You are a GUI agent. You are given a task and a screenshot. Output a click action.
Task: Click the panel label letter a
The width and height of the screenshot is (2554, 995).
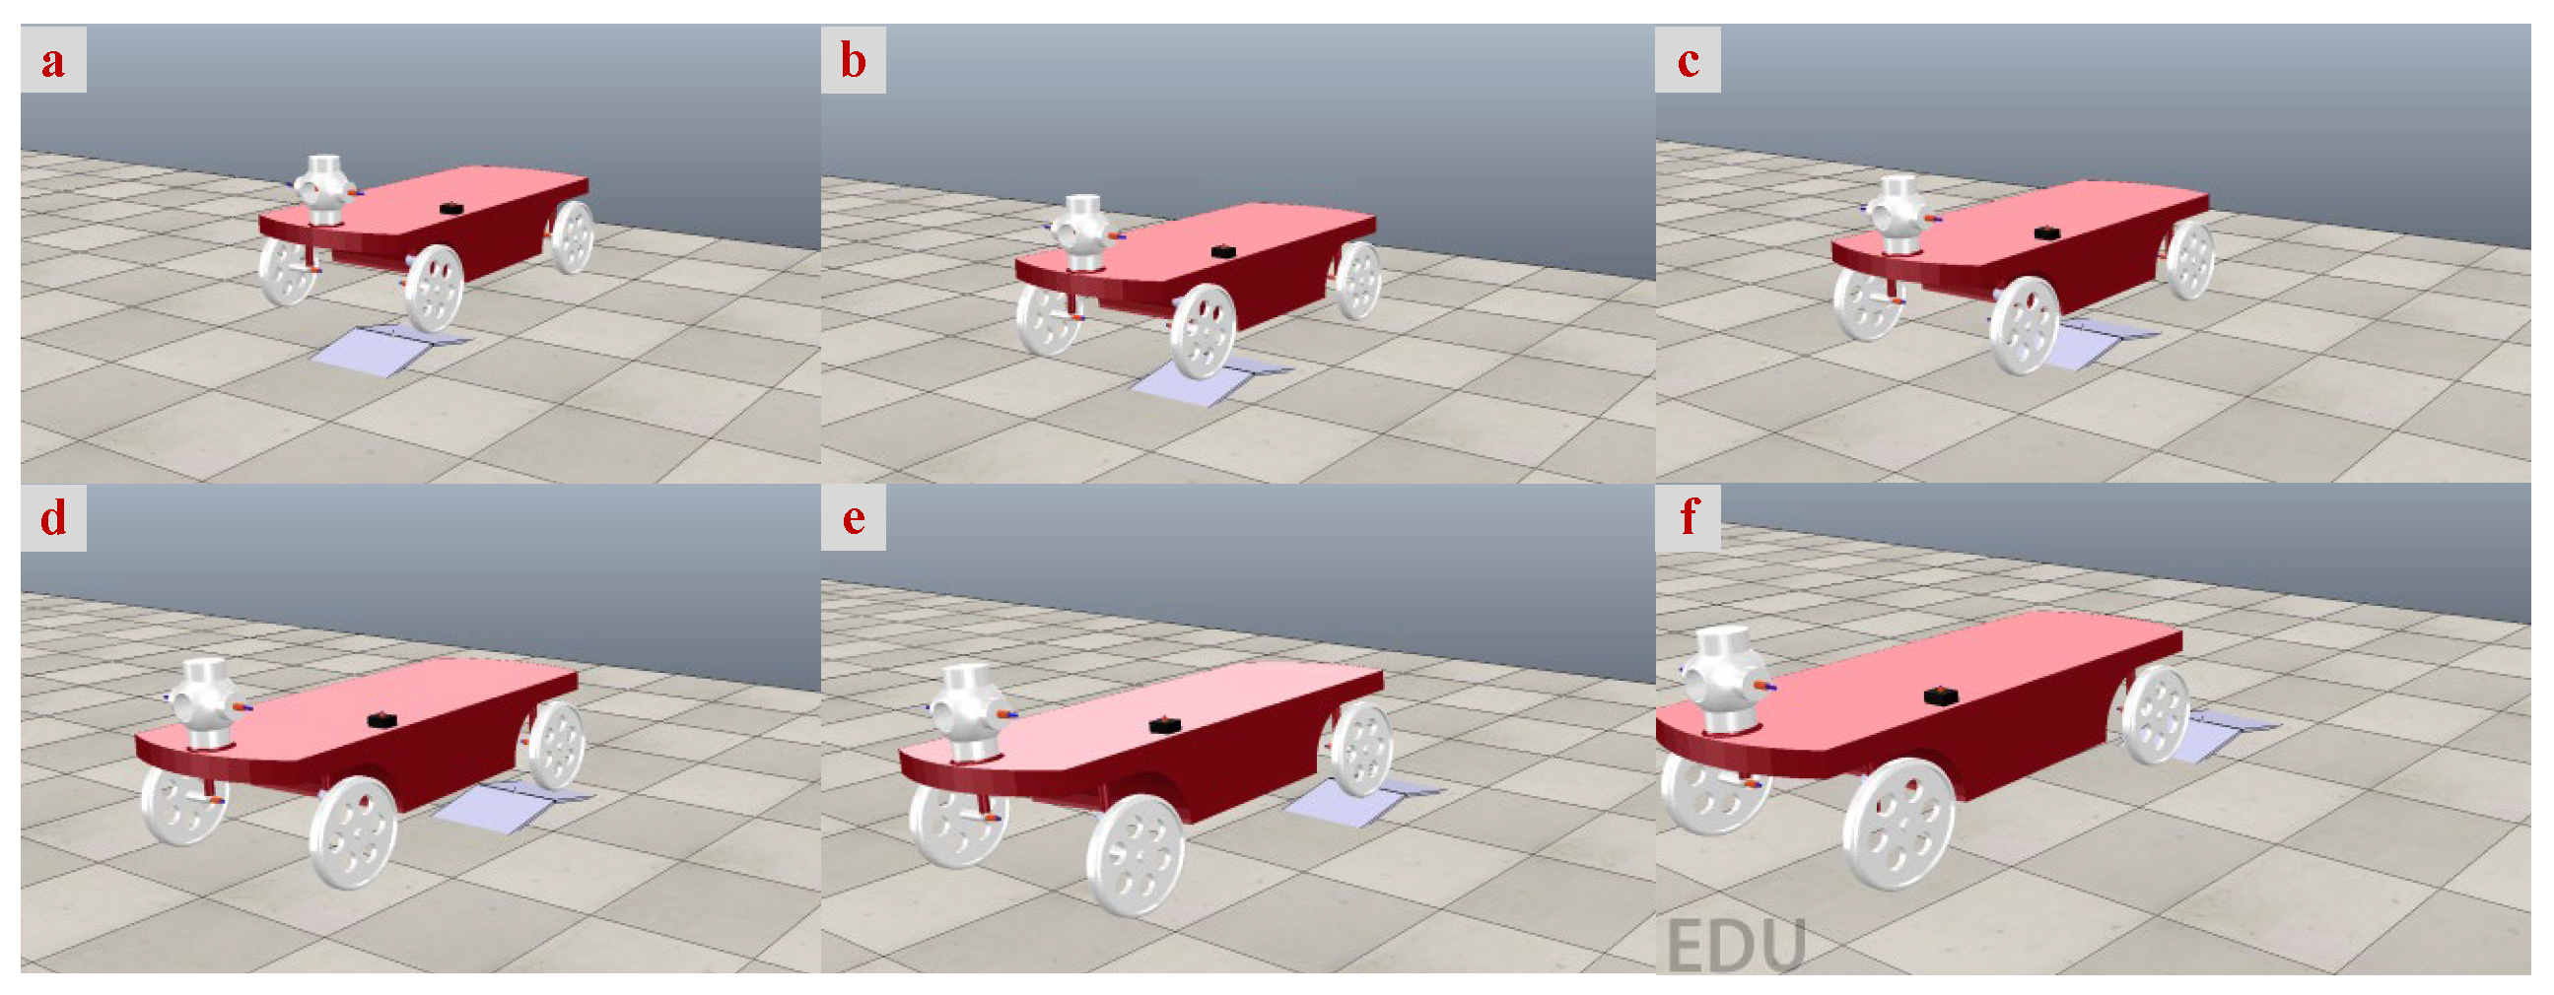click(53, 61)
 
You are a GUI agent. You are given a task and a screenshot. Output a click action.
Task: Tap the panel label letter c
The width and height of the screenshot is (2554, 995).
click(1689, 61)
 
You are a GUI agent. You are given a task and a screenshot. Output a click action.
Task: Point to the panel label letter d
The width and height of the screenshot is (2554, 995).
click(53, 516)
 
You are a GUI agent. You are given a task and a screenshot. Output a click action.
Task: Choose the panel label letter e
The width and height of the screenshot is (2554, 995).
click(853, 518)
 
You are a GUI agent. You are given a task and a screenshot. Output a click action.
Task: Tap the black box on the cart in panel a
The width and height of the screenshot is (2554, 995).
click(452, 208)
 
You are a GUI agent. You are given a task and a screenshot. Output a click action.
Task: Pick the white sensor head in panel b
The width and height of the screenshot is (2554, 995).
click(1082, 232)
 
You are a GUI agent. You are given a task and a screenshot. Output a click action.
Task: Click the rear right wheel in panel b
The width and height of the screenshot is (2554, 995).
click(1357, 280)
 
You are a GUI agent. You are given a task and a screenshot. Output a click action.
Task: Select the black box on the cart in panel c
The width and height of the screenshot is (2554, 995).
click(2047, 232)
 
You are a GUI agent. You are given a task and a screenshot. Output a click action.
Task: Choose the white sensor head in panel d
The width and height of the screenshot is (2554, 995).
click(208, 701)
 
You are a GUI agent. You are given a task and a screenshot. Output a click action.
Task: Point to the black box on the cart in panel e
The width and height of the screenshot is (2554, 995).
click(1165, 725)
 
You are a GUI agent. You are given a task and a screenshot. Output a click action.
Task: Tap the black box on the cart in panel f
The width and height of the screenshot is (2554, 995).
click(1941, 696)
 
